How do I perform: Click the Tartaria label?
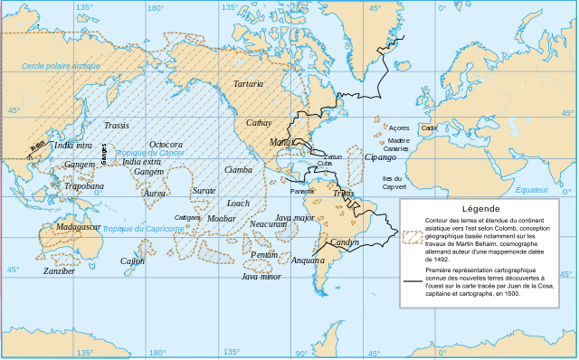[248, 83]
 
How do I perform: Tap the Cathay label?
[259, 123]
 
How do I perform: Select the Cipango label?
[380, 157]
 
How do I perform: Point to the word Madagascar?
[78, 226]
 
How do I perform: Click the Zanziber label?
[59, 270]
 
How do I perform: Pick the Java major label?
[294, 218]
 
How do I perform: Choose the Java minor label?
[261, 276]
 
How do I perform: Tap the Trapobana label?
[82, 186]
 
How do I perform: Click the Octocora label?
[166, 145]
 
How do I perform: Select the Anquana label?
[308, 261]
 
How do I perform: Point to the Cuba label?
[324, 164]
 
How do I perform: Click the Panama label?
[302, 192]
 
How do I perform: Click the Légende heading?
[486, 207]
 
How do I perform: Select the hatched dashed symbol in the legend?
[413, 237]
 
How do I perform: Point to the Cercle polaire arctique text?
[61, 66]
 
